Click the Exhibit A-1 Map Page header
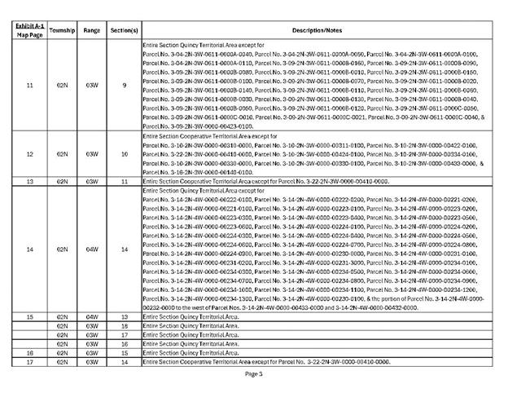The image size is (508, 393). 29,29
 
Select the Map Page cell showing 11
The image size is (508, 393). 29,84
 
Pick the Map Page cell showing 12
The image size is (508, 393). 29,153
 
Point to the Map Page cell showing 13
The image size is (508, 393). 29,181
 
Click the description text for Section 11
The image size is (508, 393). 265,181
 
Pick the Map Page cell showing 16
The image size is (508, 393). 29,352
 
